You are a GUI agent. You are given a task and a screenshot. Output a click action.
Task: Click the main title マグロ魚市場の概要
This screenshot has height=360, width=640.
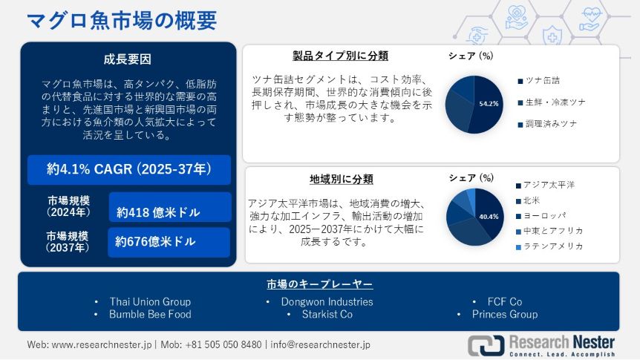(x=122, y=20)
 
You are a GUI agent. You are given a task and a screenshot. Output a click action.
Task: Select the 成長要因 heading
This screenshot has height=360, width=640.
(x=128, y=59)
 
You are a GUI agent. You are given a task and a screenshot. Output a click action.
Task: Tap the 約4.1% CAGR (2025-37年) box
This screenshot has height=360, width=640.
(x=128, y=169)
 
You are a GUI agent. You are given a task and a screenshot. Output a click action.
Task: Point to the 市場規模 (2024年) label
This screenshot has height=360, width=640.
(x=68, y=206)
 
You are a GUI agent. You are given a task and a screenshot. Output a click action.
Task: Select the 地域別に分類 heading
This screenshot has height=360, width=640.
(x=341, y=179)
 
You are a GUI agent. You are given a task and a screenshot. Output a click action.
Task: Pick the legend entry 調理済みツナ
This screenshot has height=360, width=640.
(x=550, y=123)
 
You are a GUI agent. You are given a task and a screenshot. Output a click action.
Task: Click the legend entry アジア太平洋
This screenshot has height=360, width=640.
(x=549, y=184)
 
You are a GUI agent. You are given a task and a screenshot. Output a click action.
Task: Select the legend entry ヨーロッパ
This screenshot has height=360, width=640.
(x=543, y=215)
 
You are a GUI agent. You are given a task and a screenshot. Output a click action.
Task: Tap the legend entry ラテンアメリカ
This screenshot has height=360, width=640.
(x=552, y=246)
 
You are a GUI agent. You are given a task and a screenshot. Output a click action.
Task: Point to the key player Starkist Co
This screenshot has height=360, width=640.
(x=320, y=314)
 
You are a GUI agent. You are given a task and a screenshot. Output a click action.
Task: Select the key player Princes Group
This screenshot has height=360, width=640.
(x=504, y=314)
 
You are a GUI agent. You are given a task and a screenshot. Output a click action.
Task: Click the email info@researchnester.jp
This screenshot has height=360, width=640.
(x=320, y=344)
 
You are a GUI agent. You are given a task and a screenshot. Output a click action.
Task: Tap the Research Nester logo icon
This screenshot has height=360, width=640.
(x=485, y=344)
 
